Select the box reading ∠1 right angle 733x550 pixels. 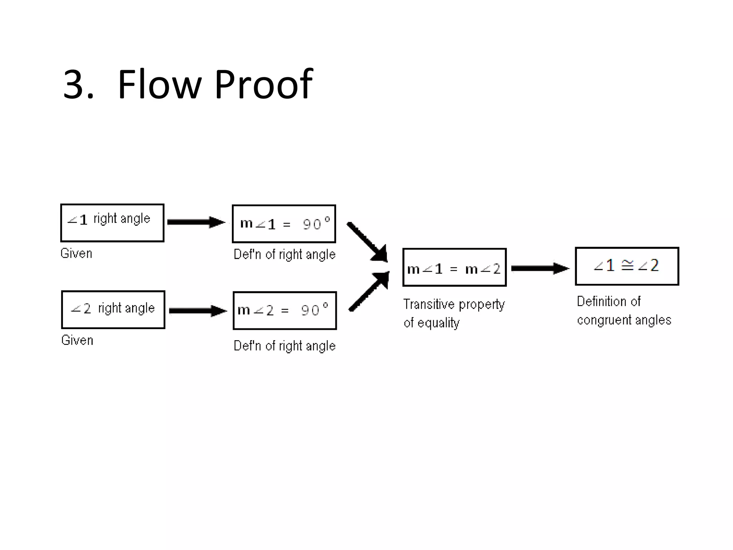coord(112,223)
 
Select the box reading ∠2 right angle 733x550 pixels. coord(113,309)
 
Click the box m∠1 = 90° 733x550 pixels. coord(284,224)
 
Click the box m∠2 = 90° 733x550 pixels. coord(285,310)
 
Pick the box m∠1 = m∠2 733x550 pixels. coord(454,267)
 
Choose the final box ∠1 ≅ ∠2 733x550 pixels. coord(627,266)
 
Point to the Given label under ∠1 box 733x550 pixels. coord(76,253)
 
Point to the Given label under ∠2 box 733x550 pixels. coord(77,340)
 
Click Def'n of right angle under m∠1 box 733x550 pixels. coord(285,254)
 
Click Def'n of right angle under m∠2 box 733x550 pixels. coord(285,346)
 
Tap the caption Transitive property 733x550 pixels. coord(454,304)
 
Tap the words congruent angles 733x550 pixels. coord(624,320)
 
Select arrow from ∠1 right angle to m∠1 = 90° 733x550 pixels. coord(196,222)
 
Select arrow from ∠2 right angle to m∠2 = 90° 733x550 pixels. coord(198,310)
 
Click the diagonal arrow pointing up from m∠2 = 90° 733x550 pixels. coord(369,291)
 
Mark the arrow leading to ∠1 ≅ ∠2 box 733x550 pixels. coord(540,268)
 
